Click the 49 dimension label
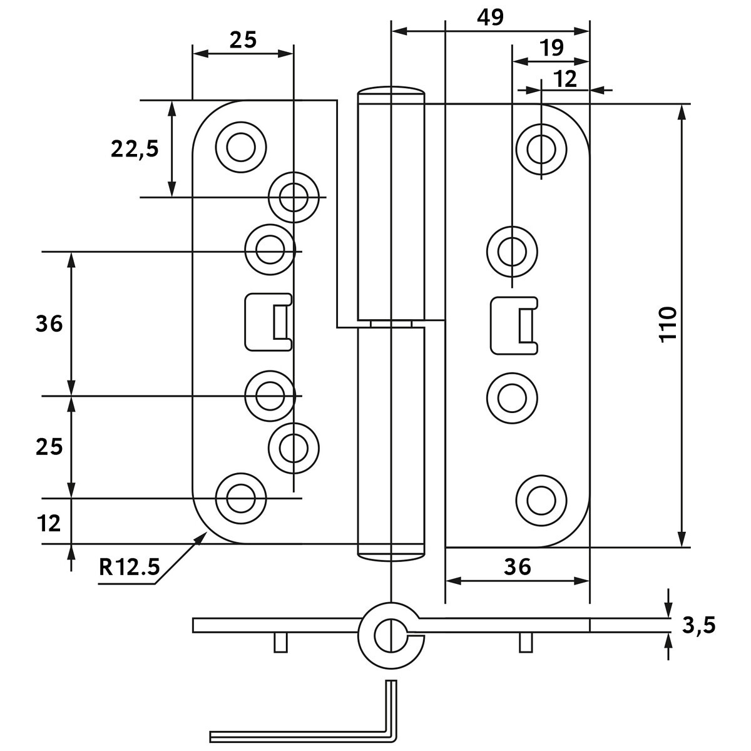click(x=490, y=18)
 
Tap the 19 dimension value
click(x=552, y=48)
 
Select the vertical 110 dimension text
click(x=668, y=325)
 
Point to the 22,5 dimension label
click(x=135, y=149)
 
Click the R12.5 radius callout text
click(x=129, y=567)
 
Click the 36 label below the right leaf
click(x=518, y=566)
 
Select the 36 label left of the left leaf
click(x=49, y=324)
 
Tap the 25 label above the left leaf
click(x=243, y=40)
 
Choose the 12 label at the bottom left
click(x=49, y=523)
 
